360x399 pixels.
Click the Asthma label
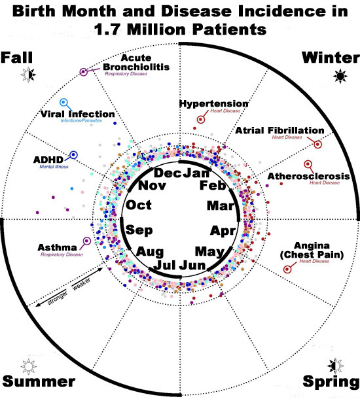click(58, 247)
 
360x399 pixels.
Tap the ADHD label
click(48, 160)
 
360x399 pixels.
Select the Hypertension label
click(214, 103)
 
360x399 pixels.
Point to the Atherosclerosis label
click(308, 176)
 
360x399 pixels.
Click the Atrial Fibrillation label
click(279, 131)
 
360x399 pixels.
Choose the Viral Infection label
click(78, 114)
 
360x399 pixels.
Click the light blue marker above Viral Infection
click(63, 103)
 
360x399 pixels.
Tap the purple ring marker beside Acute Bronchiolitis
click(83, 72)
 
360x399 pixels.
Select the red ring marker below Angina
click(287, 269)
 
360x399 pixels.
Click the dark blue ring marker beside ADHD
click(73, 154)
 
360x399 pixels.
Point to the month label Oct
click(139, 205)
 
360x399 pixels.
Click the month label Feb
click(213, 185)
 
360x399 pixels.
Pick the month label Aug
click(150, 252)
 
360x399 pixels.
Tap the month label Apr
click(223, 231)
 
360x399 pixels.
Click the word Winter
click(331, 58)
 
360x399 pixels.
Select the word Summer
click(39, 381)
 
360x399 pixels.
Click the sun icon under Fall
click(29, 75)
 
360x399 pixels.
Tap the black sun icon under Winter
click(340, 76)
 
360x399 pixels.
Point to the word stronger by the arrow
click(58, 298)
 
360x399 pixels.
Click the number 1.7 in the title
click(107, 29)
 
